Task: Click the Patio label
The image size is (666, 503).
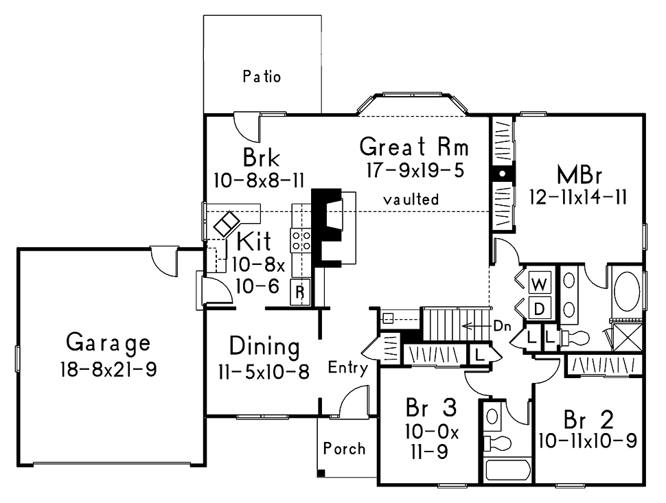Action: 262,76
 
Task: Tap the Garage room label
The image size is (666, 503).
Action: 108,342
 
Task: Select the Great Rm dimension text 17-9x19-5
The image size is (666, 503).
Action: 415,170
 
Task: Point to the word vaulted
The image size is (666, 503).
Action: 411,199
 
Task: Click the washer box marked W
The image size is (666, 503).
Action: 540,283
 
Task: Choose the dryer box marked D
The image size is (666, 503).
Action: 540,308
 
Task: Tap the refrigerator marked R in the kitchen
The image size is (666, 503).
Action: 300,292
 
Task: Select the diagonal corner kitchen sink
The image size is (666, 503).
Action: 227,224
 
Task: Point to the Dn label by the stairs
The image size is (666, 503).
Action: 502,326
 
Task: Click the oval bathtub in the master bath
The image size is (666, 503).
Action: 627,292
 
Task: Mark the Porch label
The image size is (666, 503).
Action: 344,449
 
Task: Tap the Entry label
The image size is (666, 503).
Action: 348,368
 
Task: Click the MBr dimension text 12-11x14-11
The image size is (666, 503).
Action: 578,197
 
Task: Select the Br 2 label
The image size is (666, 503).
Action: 588,420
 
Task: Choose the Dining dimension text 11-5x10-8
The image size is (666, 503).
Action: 264,372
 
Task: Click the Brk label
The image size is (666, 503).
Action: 261,158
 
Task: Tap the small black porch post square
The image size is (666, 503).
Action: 321,472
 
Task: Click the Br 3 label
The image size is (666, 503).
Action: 431,407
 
